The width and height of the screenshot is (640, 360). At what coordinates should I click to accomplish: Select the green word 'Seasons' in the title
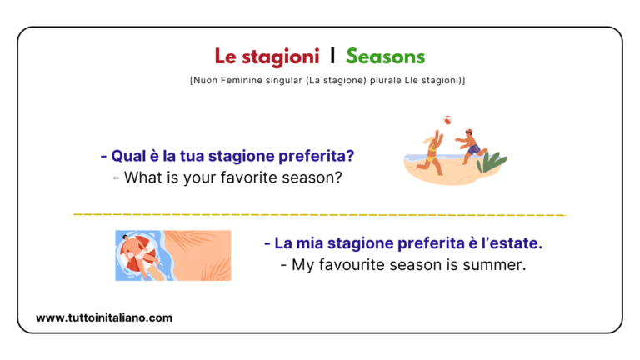pyautogui.click(x=385, y=57)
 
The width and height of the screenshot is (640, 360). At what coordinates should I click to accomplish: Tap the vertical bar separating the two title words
pyautogui.click(x=332, y=57)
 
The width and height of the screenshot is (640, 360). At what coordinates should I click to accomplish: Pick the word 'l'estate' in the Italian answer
pyautogui.click(x=513, y=243)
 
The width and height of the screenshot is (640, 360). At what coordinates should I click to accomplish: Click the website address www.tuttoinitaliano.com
pyautogui.click(x=104, y=317)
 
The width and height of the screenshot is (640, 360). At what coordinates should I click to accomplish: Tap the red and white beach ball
pyautogui.click(x=447, y=120)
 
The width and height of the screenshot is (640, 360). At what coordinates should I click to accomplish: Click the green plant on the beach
pyautogui.click(x=492, y=161)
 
